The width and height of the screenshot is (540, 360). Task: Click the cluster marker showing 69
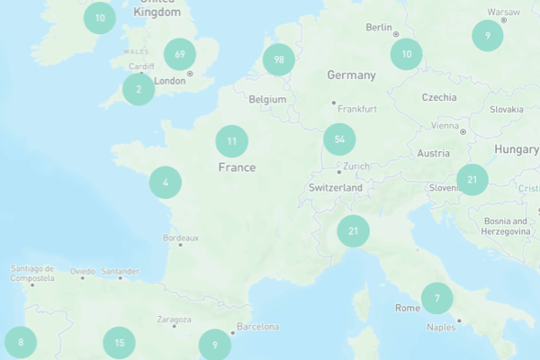pyautogui.click(x=180, y=54)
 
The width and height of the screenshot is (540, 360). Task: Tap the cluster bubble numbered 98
pyautogui.click(x=279, y=59)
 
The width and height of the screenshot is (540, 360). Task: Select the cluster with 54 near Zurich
pyautogui.click(x=339, y=139)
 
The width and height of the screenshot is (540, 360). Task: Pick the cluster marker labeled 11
pyautogui.click(x=232, y=141)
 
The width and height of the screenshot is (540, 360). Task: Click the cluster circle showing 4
pyautogui.click(x=166, y=183)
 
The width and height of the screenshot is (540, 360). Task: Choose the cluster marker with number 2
pyautogui.click(x=139, y=89)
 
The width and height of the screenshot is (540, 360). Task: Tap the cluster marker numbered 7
pyautogui.click(x=437, y=298)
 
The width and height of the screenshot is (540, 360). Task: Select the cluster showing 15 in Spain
pyautogui.click(x=119, y=342)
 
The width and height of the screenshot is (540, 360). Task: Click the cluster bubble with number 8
pyautogui.click(x=21, y=342)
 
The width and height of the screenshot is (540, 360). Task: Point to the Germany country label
pyautogui.click(x=351, y=75)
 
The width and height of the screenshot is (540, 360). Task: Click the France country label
pyautogui.click(x=237, y=167)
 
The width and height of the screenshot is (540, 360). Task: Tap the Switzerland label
pyautogui.click(x=335, y=188)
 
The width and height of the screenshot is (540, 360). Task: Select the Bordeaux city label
pyautogui.click(x=180, y=238)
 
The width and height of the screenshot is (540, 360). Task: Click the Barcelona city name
pyautogui.click(x=257, y=327)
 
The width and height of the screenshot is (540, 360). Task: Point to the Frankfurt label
pyautogui.click(x=357, y=108)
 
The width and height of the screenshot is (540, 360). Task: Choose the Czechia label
pyautogui.click(x=439, y=97)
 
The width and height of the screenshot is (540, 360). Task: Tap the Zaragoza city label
pyautogui.click(x=174, y=319)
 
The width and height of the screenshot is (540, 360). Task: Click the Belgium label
pyautogui.click(x=267, y=99)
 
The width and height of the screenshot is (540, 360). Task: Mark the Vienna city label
pyautogui.click(x=445, y=126)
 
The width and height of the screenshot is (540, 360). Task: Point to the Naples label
pyautogui.click(x=441, y=328)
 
